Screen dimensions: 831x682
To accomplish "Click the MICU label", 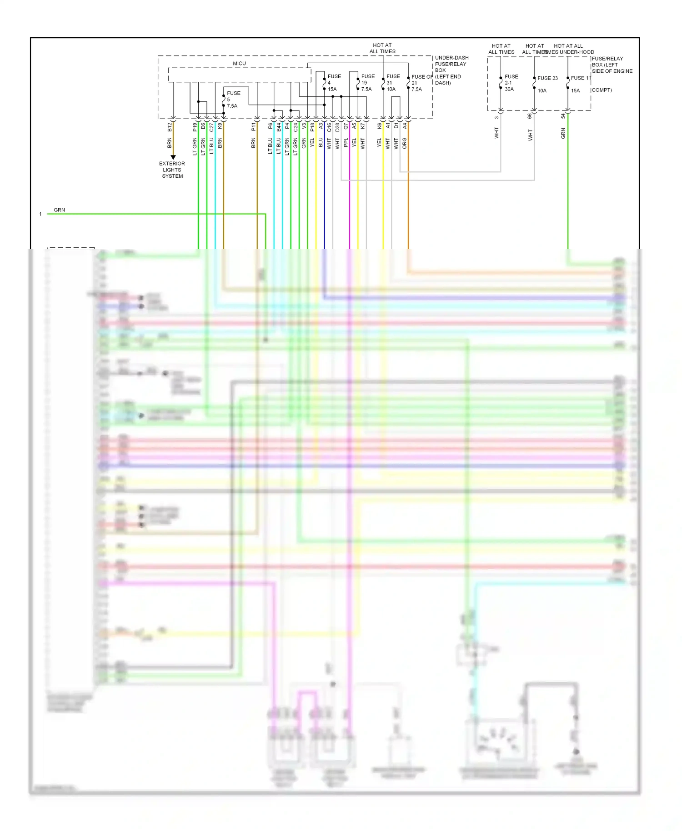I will pos(239,64).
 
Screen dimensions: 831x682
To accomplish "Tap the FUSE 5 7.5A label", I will pos(233,100).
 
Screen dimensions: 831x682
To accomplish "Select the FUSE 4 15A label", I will pos(333,83).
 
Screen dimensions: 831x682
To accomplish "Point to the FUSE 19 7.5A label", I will pos(367,83).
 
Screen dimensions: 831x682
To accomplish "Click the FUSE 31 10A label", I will pos(392,83).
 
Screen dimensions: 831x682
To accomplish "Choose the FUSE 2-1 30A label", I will pos(511,83).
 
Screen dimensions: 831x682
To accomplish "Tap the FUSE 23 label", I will pos(547,78).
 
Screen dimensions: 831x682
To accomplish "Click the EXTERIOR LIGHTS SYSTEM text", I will pos(172,170).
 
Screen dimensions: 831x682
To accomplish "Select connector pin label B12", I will pos(170,127).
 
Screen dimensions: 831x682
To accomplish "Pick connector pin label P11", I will pos(254,127).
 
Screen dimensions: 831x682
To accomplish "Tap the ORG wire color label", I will pos(405,143).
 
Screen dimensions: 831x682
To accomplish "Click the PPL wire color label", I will pos(346,143).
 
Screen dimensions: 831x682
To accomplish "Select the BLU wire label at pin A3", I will pos(321,143).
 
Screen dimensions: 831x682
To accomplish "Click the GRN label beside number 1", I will pos(59,210).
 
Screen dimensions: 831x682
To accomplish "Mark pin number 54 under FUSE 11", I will pos(563,116).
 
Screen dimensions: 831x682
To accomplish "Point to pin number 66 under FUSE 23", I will pos(530,116).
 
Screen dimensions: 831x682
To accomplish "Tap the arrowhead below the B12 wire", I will pos(173,157).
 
